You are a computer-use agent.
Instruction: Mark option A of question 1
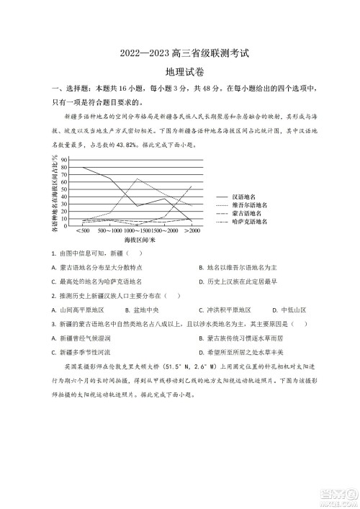(100, 267)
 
